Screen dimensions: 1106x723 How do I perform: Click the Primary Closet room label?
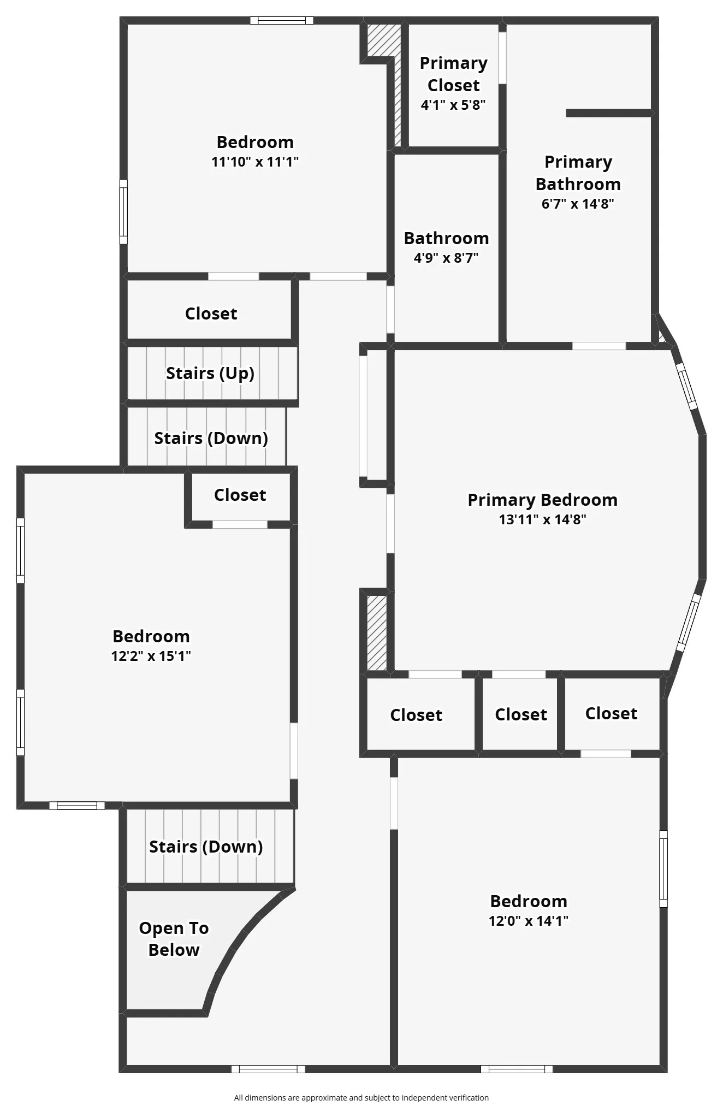coord(453,74)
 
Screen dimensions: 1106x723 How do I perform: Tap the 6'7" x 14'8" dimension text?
coord(578,204)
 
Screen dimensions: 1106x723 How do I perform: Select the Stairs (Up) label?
coord(210,373)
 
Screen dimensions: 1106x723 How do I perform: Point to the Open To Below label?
coord(174,938)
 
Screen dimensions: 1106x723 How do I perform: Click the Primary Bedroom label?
coord(542,500)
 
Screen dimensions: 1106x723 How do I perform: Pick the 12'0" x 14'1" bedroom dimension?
coord(529,921)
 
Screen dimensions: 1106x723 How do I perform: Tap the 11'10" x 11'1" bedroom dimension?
coord(255,162)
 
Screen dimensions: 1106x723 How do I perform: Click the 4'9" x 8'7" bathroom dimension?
coord(446,258)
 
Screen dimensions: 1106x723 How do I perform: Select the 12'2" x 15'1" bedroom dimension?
coord(151,655)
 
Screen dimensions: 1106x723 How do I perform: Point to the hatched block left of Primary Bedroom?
coord(377,632)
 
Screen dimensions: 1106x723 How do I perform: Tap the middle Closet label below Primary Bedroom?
coord(521,714)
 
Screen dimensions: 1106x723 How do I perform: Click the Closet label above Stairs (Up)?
coord(211,314)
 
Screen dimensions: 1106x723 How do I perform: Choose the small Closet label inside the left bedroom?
coord(240,495)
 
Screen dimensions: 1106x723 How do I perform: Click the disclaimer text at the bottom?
coord(361,1097)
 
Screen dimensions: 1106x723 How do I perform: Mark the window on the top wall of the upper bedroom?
coord(282,21)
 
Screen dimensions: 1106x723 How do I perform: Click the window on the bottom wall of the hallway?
coord(268,1069)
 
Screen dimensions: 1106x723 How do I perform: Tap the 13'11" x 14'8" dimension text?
coord(542,519)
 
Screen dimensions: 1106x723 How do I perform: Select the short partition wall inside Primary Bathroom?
coord(609,113)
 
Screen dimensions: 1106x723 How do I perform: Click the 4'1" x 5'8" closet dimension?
coord(453,105)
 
